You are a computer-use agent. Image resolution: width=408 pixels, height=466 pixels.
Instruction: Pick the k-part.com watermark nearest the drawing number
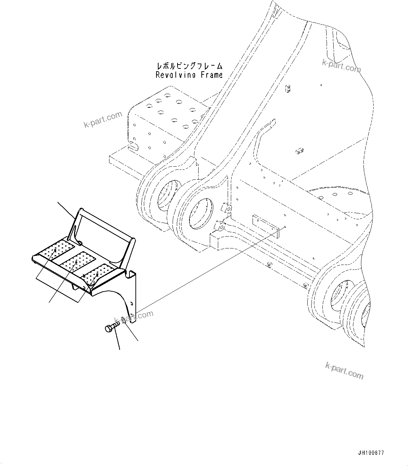[x=344, y=371]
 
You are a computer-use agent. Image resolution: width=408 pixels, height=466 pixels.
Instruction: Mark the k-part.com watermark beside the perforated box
[x=103, y=120]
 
